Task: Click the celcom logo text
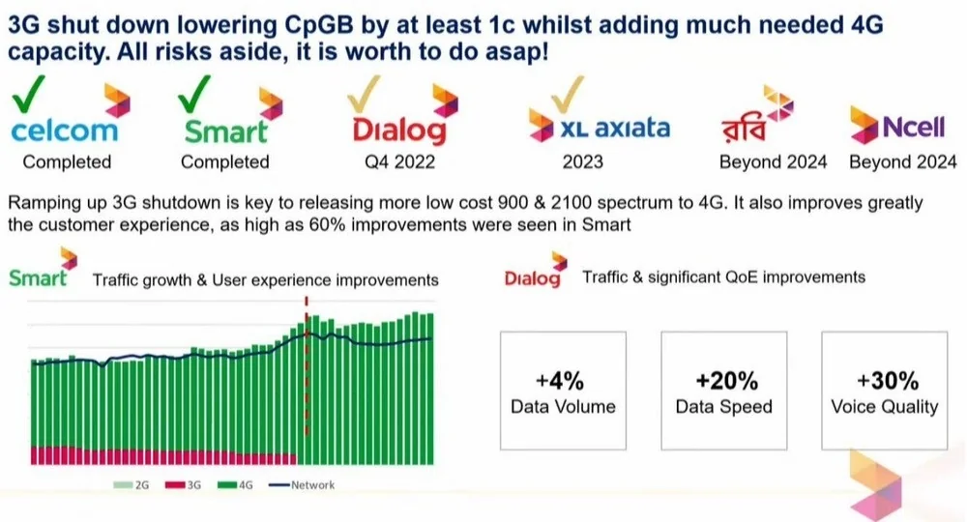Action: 64,130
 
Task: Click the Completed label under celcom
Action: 67,161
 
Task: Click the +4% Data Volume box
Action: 563,391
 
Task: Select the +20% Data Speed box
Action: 723,391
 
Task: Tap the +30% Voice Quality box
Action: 884,391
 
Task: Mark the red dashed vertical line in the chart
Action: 307,367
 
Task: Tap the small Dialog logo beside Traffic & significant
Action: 532,278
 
